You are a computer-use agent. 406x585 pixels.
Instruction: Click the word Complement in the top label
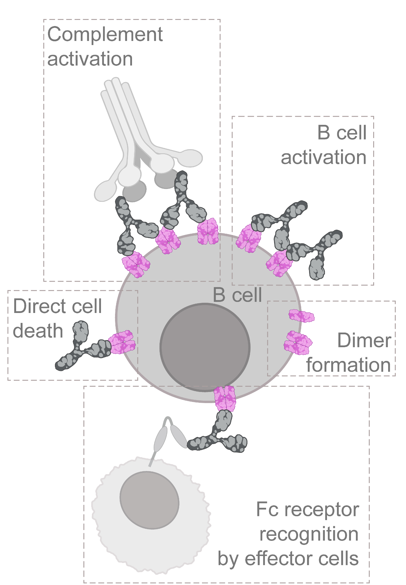pyautogui.click(x=105, y=35)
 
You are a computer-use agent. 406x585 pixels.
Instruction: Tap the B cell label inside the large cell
pyautogui.click(x=237, y=295)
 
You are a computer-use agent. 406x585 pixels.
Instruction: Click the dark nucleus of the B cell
pyautogui.click(x=205, y=347)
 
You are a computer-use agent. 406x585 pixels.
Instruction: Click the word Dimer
pyautogui.click(x=364, y=340)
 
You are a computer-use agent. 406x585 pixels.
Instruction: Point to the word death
pyautogui.click(x=38, y=331)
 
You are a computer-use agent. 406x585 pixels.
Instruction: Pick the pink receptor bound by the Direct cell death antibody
pyautogui.click(x=122, y=342)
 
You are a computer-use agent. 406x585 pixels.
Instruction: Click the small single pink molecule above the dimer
pyautogui.click(x=301, y=316)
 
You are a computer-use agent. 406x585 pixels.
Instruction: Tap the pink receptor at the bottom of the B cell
pyautogui.click(x=225, y=398)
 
